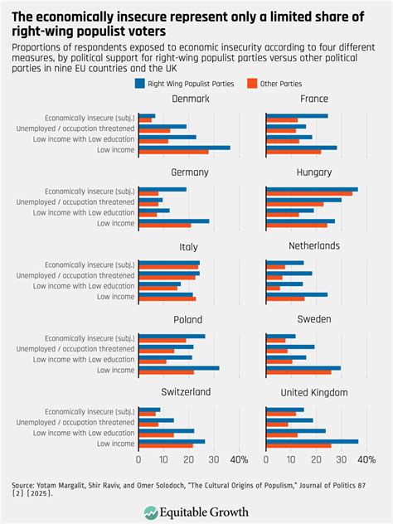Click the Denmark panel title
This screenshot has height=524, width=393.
tap(190, 99)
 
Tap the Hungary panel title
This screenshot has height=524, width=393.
tap(314, 172)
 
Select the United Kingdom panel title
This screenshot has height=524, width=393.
tap(314, 392)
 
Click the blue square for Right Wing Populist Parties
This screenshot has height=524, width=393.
tap(138, 83)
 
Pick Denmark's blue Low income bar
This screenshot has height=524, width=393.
tap(184, 148)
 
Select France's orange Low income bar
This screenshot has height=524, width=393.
tap(294, 152)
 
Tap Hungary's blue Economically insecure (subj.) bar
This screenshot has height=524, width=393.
tap(312, 189)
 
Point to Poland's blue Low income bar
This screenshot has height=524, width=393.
tap(178, 367)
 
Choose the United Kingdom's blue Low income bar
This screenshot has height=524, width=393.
tap(312, 441)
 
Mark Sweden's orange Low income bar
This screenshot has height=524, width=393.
tap(298, 371)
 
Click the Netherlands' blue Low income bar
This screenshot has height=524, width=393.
tap(297, 294)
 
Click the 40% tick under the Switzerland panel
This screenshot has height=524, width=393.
tap(238, 458)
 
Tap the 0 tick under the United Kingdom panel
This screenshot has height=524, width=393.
tap(266, 458)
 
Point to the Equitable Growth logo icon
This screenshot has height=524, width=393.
tap(150, 512)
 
